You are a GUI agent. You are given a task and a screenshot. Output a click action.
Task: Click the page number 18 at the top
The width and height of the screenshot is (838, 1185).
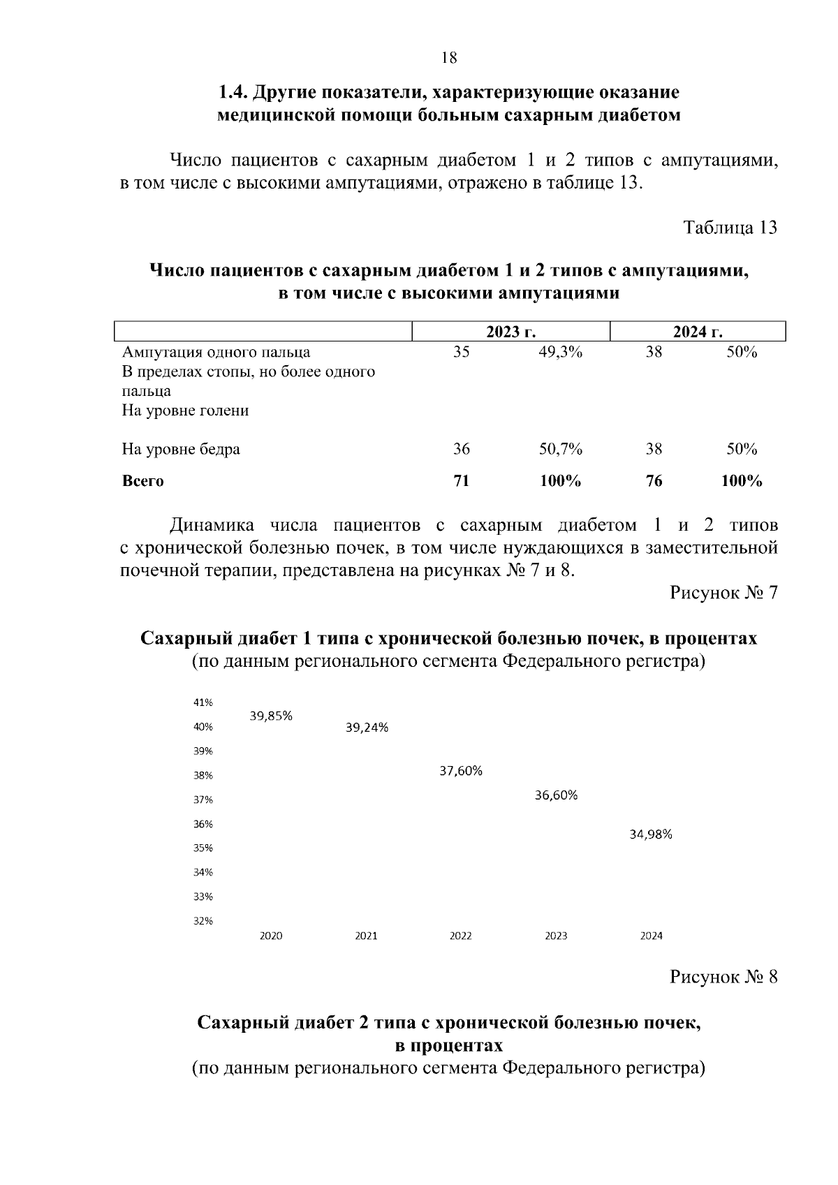click(x=449, y=58)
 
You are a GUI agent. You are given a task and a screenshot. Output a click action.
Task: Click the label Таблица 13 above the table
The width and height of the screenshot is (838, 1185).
click(x=730, y=228)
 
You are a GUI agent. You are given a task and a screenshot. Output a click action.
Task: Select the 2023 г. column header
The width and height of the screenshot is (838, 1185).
click(x=511, y=332)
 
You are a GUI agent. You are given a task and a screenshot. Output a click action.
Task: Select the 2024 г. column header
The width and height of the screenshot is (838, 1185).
click(x=698, y=332)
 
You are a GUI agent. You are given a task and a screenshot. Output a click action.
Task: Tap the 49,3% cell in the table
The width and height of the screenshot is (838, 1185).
click(x=560, y=352)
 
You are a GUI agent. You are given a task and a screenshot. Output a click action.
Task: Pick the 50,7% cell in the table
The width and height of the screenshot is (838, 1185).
click(x=560, y=449)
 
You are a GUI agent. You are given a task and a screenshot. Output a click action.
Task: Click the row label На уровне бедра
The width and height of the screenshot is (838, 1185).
click(x=181, y=449)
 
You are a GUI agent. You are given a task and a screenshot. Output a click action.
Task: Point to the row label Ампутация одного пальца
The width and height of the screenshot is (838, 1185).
click(x=216, y=352)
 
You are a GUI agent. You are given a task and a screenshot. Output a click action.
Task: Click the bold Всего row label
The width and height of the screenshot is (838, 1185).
click(x=142, y=480)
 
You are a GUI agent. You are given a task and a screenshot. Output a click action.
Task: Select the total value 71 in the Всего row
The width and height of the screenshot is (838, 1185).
click(x=461, y=480)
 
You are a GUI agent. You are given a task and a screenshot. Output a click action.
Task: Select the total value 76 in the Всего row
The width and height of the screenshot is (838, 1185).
click(x=654, y=480)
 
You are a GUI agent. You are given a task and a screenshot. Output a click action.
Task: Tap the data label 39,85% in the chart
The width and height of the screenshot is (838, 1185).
click(x=271, y=716)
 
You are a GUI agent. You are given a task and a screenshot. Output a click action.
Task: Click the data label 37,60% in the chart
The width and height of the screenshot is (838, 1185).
click(x=461, y=771)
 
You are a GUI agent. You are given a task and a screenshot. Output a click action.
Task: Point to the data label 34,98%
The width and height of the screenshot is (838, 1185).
click(x=651, y=834)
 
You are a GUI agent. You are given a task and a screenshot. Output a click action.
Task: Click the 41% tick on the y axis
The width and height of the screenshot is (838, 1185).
click(x=203, y=702)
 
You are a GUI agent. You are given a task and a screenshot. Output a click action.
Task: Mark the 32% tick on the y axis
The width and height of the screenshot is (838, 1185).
click(x=203, y=920)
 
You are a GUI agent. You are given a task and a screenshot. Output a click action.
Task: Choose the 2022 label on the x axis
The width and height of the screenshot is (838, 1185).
click(x=461, y=936)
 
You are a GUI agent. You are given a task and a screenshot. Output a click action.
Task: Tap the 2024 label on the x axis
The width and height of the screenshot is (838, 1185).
click(x=651, y=936)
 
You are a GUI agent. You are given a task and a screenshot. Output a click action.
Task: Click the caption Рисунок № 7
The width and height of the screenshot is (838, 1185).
click(x=723, y=593)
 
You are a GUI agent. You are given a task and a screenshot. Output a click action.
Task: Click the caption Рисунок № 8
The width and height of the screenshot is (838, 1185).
click(x=723, y=976)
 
